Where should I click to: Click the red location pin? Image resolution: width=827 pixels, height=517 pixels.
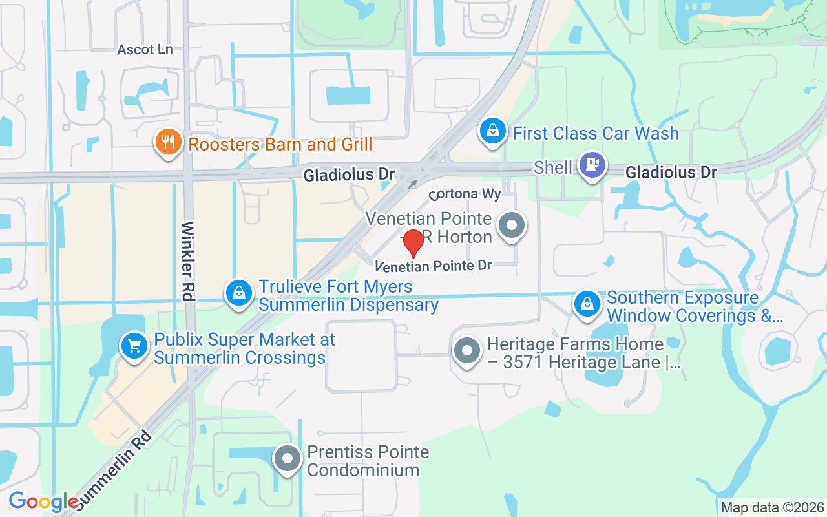click(x=413, y=242)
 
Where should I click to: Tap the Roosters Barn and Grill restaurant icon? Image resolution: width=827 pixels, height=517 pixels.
click(x=168, y=142)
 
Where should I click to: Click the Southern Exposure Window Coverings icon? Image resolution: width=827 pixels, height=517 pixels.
click(x=587, y=303)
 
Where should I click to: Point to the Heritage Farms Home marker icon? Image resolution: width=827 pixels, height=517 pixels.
click(x=467, y=351)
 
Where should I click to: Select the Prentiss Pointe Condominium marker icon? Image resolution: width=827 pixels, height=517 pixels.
click(x=288, y=459)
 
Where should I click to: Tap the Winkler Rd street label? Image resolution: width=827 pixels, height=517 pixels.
click(x=188, y=261)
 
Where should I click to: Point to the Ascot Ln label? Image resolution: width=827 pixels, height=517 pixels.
click(x=145, y=50)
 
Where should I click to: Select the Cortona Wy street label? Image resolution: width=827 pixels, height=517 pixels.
click(x=465, y=193)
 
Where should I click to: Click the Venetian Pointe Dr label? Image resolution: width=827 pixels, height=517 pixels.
click(x=434, y=266)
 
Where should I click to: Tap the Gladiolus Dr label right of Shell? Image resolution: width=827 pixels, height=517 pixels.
click(x=671, y=173)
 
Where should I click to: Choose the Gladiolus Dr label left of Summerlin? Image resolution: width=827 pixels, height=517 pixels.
click(x=349, y=174)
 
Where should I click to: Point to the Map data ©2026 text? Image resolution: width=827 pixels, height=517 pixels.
click(x=773, y=508)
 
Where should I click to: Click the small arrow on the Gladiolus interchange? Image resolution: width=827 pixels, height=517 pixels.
click(x=412, y=184)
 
